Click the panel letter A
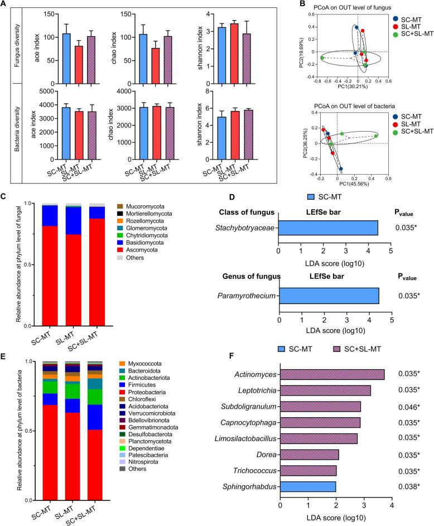[4, 4]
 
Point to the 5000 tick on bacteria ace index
[37, 91]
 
